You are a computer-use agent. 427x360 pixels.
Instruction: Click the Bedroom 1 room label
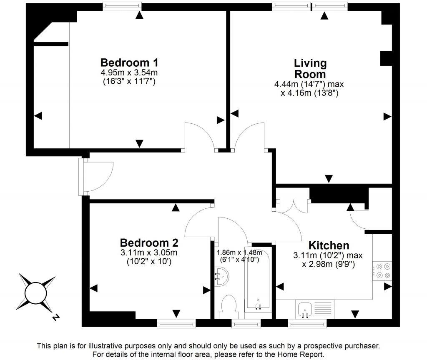pos(129,63)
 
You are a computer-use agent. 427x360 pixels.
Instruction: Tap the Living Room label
pos(310,69)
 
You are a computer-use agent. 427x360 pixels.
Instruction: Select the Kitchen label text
pos(329,245)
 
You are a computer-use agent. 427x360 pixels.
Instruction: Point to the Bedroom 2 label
pos(149,242)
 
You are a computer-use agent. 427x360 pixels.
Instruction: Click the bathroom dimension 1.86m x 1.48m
pos(239,252)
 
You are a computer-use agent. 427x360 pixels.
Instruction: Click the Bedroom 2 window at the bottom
pos(176,322)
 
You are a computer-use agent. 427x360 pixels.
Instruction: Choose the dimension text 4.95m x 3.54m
pos(129,73)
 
